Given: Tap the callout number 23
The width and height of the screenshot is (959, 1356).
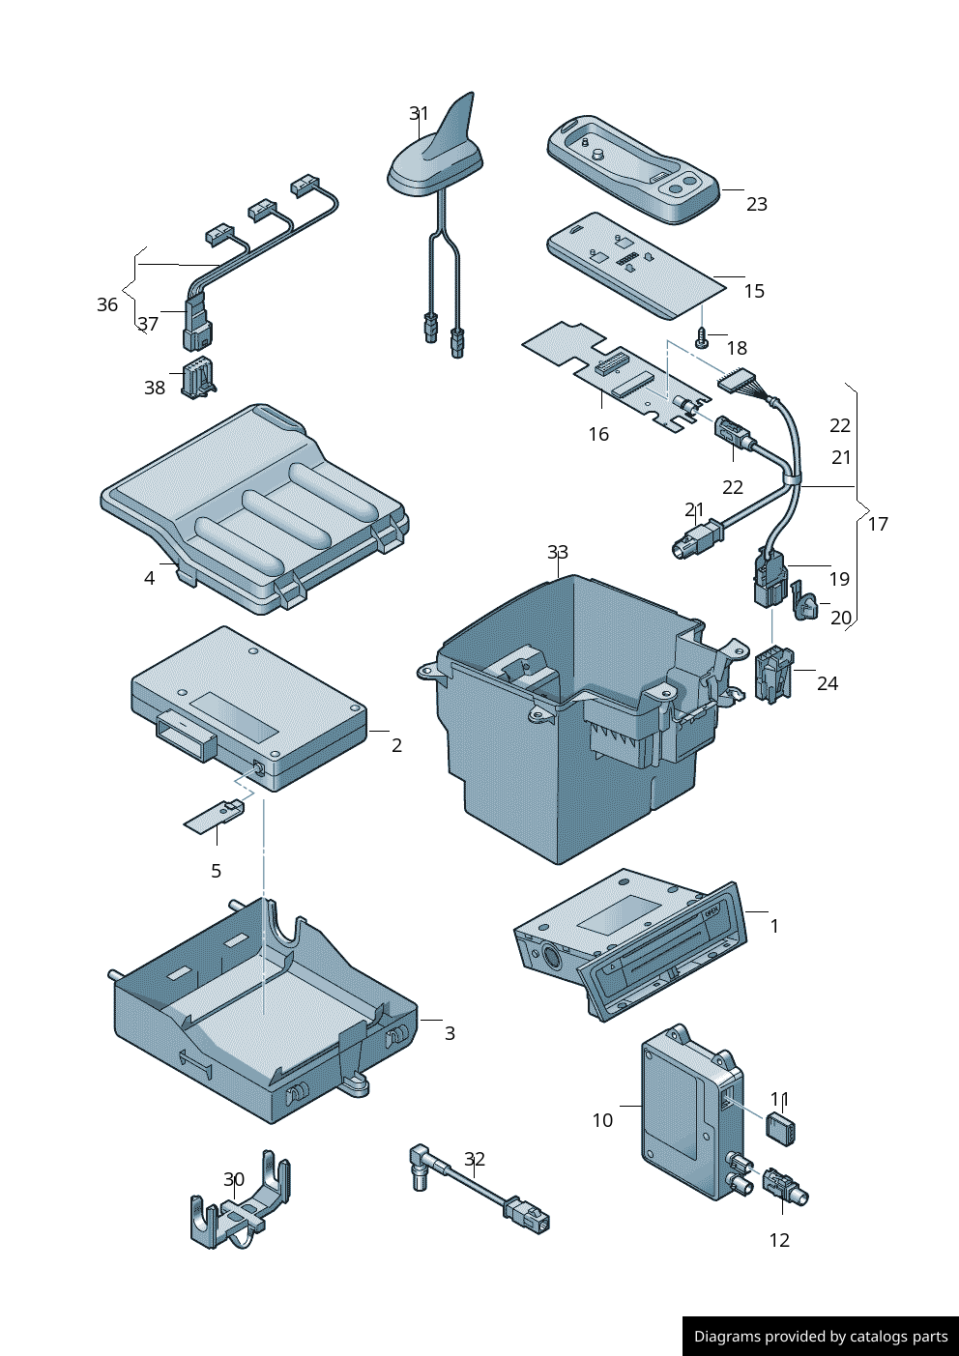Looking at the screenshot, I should pyautogui.click(x=757, y=204).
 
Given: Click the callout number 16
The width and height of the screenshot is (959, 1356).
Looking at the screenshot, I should pyautogui.click(x=598, y=434).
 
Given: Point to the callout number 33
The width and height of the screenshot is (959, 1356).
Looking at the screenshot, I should pyautogui.click(x=558, y=552).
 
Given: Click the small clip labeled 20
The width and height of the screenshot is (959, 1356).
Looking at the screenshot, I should pyautogui.click(x=804, y=603).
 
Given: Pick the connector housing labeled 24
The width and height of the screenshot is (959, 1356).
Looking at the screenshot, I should pyautogui.click(x=774, y=673).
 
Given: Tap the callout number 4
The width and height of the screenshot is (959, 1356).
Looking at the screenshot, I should pyautogui.click(x=149, y=578).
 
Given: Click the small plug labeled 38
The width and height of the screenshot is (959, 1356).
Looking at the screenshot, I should pyautogui.click(x=197, y=378).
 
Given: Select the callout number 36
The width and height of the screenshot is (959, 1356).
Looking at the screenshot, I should pyautogui.click(x=107, y=304).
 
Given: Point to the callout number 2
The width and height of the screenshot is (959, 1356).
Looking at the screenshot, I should pyautogui.click(x=396, y=745).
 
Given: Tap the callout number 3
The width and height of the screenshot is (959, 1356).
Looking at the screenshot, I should pyautogui.click(x=450, y=1033).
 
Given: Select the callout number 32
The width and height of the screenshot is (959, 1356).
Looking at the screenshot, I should pyautogui.click(x=475, y=1159).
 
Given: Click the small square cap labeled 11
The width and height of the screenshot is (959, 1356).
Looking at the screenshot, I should pyautogui.click(x=780, y=1128).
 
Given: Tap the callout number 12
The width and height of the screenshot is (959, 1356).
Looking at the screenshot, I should pyautogui.click(x=779, y=1240).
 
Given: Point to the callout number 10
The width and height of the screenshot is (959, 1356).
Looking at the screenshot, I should pyautogui.click(x=602, y=1120).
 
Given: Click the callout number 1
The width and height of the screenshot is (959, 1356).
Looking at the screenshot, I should pyautogui.click(x=774, y=926).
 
